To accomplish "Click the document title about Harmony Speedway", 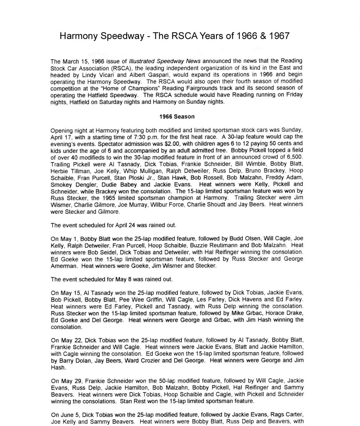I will pos(174,36).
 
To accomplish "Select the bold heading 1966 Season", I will pos(177,117).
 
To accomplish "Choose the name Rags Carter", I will pos(287,415).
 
